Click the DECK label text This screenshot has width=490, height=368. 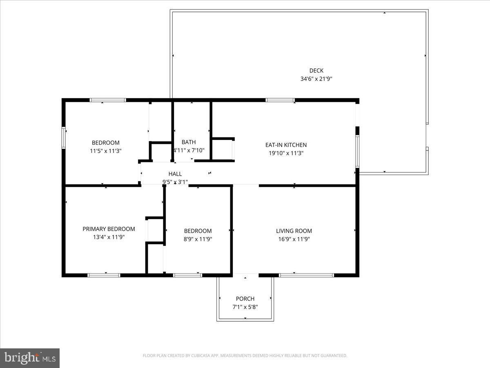click(x=316, y=71)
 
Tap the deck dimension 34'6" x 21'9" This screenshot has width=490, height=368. click(x=316, y=79)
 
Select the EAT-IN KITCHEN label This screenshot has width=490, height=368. click(x=286, y=145)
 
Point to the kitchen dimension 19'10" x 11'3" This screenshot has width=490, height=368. click(x=286, y=153)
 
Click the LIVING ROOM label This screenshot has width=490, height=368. click(x=294, y=231)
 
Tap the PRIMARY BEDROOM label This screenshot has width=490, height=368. click(x=109, y=229)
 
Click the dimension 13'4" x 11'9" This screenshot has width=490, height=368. click(x=109, y=237)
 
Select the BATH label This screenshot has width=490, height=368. click(x=189, y=142)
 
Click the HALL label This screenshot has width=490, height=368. click(x=175, y=174)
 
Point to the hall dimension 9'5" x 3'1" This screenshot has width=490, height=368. click(x=175, y=182)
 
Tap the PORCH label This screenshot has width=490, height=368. click(x=245, y=299)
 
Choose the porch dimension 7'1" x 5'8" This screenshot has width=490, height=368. click(x=245, y=307)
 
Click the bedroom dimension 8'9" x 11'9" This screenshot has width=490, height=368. click(x=198, y=239)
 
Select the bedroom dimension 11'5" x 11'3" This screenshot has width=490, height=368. click(x=106, y=151)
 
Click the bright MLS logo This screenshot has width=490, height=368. click(x=30, y=358)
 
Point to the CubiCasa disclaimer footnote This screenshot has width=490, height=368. click(x=245, y=356)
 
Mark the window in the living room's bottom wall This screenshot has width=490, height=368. click(x=307, y=275)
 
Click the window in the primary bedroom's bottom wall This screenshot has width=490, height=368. click(x=104, y=275)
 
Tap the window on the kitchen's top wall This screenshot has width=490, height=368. click(x=280, y=100)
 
